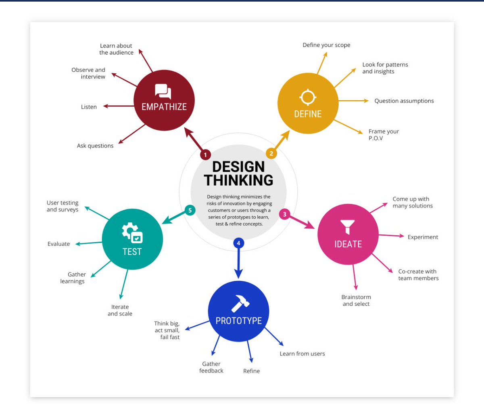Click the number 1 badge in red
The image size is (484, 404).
(205, 155)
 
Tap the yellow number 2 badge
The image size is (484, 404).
(271, 153)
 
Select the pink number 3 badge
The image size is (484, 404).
(284, 214)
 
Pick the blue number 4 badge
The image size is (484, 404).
(239, 243)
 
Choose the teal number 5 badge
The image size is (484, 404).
(190, 210)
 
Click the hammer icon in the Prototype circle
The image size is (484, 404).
(240, 303)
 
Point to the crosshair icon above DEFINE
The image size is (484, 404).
(308, 97)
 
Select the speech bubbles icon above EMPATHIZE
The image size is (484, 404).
(163, 91)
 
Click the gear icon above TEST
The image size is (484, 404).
(132, 233)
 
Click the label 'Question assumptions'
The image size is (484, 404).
(404, 101)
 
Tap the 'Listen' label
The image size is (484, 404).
(89, 107)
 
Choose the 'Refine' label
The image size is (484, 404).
(251, 371)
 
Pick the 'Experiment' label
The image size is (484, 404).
(423, 237)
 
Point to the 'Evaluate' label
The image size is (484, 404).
(58, 244)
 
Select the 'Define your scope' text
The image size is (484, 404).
(326, 45)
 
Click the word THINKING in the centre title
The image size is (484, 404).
(238, 180)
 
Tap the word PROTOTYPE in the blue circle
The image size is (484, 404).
(238, 321)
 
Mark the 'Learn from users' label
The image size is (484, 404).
(302, 354)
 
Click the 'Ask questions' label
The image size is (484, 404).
(95, 146)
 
